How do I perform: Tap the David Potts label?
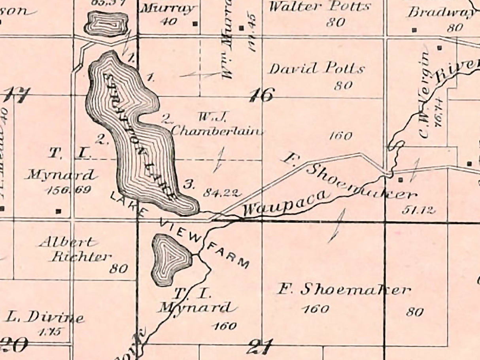click(316, 69)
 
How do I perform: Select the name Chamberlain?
click(217, 130)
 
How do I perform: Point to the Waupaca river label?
click(285, 203)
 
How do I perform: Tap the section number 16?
click(261, 95)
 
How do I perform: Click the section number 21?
click(260, 348)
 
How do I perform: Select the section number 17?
click(17, 95)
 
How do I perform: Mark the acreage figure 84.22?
click(222, 193)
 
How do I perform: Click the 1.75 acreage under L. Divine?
click(49, 332)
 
